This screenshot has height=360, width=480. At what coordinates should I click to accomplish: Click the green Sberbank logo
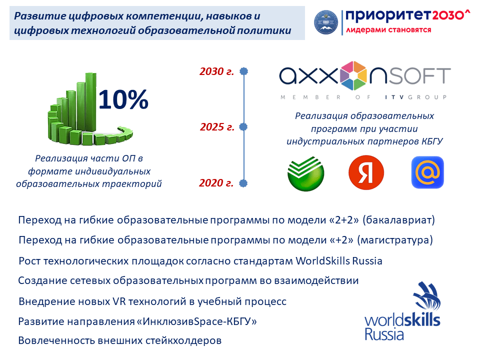tap(305, 173)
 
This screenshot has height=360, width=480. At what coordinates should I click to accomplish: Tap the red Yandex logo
tap(366, 172)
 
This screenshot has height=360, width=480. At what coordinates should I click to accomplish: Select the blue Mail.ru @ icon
tap(427, 172)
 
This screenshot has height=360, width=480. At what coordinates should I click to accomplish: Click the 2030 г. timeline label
tap(216, 71)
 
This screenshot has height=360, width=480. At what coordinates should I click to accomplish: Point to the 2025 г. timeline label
tap(217, 126)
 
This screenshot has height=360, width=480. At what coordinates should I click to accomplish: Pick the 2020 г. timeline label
tap(216, 183)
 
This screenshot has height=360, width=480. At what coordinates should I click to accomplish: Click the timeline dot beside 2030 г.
tap(243, 71)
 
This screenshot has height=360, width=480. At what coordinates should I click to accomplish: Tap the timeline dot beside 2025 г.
tap(243, 126)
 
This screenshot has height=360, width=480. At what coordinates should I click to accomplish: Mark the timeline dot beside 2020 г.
tap(243, 183)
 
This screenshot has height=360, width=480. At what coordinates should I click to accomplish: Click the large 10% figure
tap(123, 99)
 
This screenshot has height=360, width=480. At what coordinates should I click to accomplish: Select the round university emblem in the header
tap(326, 22)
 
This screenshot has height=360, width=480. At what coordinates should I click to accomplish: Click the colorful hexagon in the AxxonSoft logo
tap(353, 75)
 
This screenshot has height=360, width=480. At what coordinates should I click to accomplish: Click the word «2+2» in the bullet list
tap(344, 220)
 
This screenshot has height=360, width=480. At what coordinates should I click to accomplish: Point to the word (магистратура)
tap(395, 240)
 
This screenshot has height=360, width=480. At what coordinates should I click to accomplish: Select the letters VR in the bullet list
tap(119, 301)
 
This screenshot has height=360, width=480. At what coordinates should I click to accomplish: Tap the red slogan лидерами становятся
tap(389, 30)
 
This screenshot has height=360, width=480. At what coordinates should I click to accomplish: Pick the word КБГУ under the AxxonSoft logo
tap(432, 141)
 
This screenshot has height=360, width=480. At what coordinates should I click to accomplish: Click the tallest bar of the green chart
tap(90, 101)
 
